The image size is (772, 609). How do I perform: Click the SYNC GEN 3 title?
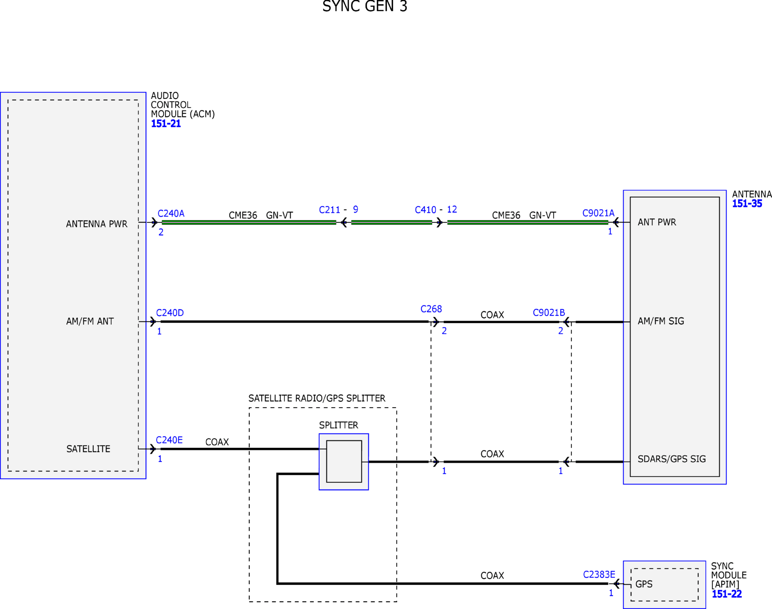tap(365, 6)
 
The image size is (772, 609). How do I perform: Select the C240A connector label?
tap(171, 214)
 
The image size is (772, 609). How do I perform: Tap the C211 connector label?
tap(329, 210)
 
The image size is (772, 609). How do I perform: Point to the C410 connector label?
tap(426, 210)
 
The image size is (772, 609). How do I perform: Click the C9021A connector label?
tap(598, 213)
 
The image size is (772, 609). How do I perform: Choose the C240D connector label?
tap(170, 313)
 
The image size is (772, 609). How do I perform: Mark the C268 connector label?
tap(431, 309)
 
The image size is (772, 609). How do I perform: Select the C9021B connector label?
tap(549, 312)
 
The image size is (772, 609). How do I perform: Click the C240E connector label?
tap(169, 440)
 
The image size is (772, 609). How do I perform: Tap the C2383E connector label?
tap(599, 575)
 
